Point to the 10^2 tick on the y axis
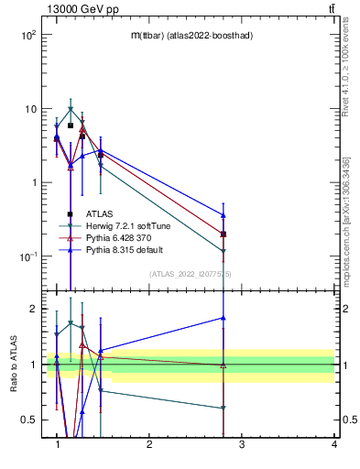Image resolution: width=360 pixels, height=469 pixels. pos(28,35)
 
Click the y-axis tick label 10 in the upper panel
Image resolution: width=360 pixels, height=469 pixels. pos(28,109)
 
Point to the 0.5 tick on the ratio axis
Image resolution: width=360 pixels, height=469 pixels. pos(27,420)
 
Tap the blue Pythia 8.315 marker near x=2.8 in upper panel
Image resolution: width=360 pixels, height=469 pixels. pos(224,215)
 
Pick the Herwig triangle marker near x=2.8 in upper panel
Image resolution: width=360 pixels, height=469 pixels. pos(224,250)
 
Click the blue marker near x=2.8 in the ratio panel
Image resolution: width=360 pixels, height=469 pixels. pos(224,318)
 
